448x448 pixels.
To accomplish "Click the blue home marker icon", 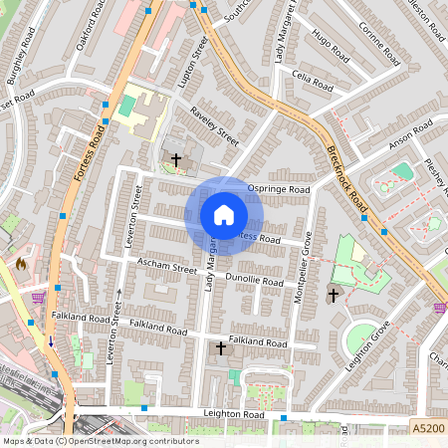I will click(x=224, y=215).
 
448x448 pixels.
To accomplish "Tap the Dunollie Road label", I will click(x=255, y=278).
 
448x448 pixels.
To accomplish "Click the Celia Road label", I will click(x=312, y=80).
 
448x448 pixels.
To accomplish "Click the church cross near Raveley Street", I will click(x=176, y=159).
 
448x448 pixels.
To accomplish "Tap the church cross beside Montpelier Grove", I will click(x=334, y=294).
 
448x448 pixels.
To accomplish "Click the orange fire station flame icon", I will click(x=20, y=265).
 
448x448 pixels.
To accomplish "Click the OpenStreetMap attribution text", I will click(x=101, y=440).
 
